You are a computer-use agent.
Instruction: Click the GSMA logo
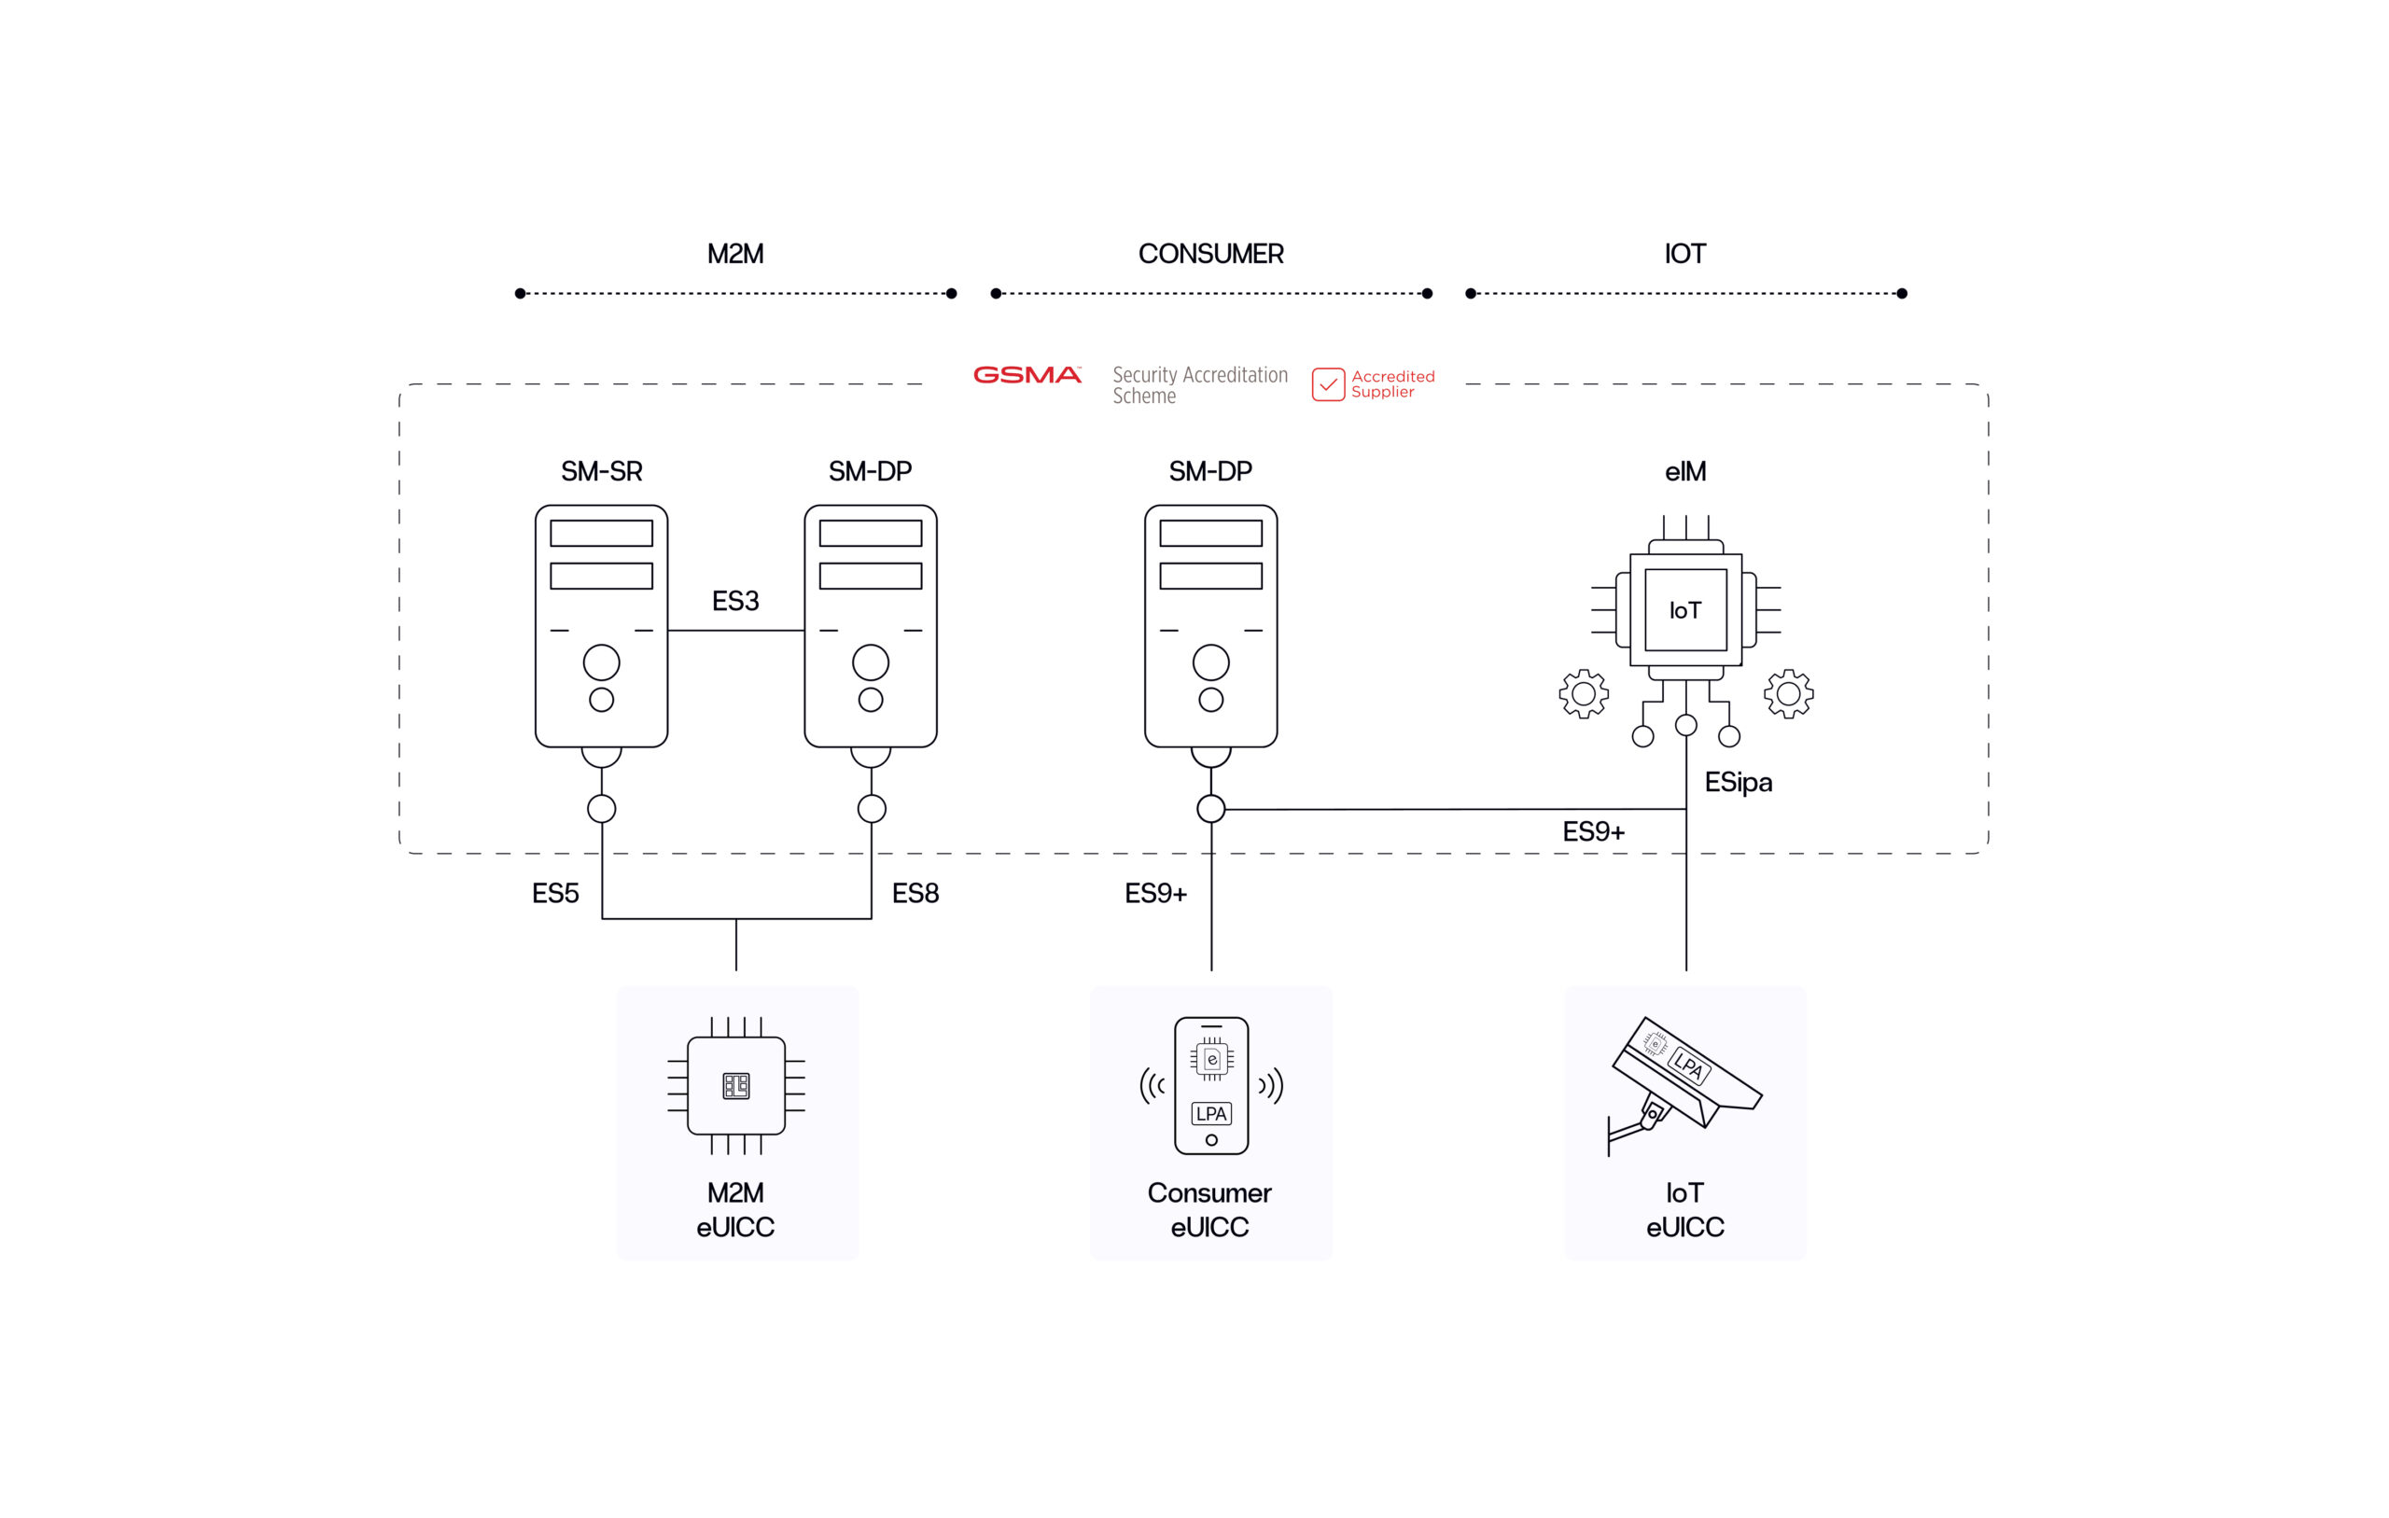1027,375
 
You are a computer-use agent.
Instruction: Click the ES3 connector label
735,601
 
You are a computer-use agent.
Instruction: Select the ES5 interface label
555,894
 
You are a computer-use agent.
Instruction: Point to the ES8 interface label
915,894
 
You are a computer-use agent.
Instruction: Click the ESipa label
1739,783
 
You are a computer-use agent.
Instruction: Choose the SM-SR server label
601,471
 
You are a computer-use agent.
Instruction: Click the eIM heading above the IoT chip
1684,471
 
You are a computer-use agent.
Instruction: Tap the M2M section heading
735,254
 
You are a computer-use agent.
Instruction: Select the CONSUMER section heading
1210,254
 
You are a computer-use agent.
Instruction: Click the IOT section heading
1684,254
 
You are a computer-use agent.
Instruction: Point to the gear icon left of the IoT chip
1584,693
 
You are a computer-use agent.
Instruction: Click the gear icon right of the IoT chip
1789,693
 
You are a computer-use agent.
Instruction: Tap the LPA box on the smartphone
1211,1113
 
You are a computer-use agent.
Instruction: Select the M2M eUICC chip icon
736,1085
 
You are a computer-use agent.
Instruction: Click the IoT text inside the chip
1684,610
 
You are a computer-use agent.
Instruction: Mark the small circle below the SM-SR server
601,809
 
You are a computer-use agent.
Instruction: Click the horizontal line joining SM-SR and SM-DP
735,630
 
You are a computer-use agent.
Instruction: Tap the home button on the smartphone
1211,1140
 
